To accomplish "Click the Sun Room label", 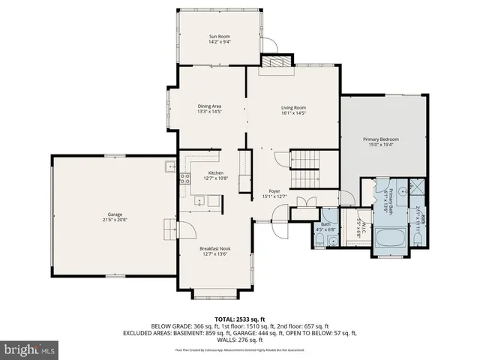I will click(x=219, y=36).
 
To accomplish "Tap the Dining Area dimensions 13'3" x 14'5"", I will click(x=208, y=112).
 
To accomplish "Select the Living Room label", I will click(x=293, y=107).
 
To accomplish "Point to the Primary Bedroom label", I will click(x=381, y=139).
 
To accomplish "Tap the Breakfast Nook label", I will click(x=214, y=247).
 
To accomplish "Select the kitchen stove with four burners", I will click(x=184, y=178).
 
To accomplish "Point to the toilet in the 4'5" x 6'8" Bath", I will click(x=319, y=240).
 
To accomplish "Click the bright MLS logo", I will click(x=30, y=349).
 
